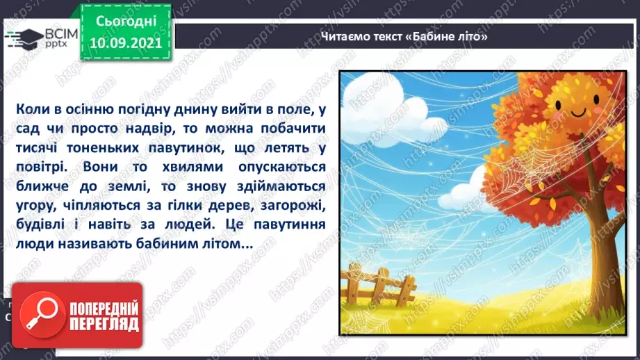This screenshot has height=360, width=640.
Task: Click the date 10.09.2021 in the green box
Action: (126, 43)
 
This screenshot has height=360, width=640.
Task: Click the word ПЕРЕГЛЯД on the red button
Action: (104, 324)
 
